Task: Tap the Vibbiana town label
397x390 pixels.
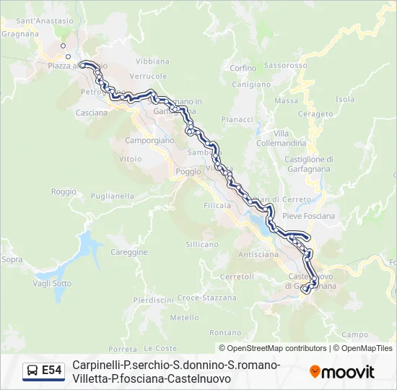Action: [x=152, y=61]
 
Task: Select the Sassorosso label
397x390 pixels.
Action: [x=286, y=64]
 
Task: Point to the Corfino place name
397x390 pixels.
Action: [x=243, y=69]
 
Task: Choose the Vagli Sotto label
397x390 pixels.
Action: [x=52, y=284]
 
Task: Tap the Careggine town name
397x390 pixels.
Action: [x=129, y=252]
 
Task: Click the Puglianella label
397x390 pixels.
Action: [x=113, y=196]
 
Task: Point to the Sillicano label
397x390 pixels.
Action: [x=202, y=245]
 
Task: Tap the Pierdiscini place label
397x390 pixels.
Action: [x=153, y=300]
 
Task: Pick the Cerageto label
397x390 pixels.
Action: [x=315, y=114]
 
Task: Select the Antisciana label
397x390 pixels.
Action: [x=258, y=254]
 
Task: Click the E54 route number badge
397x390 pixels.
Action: [x=51, y=370]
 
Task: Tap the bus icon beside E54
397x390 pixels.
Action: [x=32, y=371]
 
